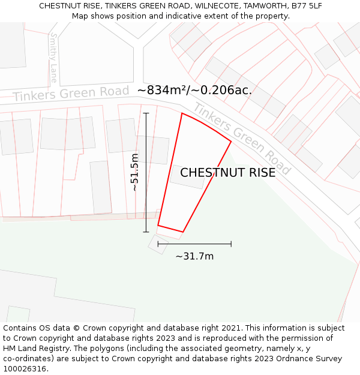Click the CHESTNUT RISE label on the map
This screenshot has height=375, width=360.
(228, 173)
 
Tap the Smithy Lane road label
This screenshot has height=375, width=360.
(54, 58)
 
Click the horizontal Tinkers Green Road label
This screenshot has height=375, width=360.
(71, 94)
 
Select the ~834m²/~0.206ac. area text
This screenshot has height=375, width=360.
(194, 91)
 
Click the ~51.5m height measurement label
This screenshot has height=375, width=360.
(135, 172)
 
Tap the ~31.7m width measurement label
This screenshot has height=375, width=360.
(194, 256)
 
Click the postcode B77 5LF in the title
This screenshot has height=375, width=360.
(307, 6)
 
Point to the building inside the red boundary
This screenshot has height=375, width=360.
(187, 177)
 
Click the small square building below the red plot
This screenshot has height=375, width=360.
(158, 244)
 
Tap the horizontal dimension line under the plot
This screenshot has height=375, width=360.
(194, 244)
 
